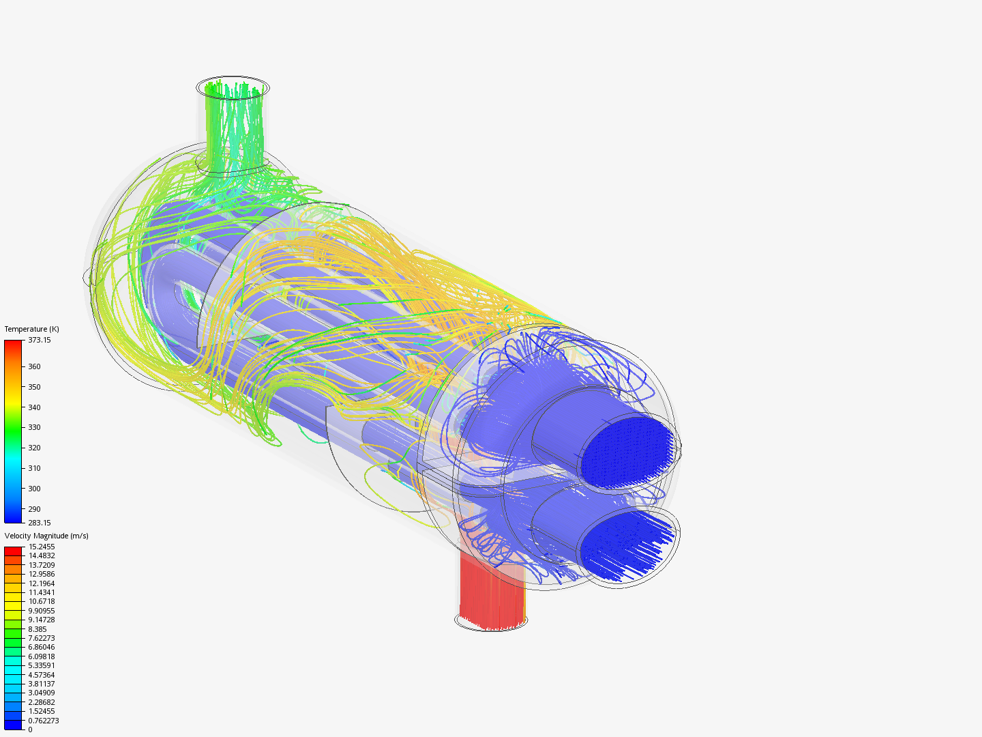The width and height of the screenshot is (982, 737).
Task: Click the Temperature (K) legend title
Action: pyautogui.click(x=31, y=329)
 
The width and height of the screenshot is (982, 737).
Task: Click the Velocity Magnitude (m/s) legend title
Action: pyautogui.click(x=46, y=536)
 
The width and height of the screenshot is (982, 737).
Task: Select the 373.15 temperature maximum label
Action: pyautogui.click(x=39, y=340)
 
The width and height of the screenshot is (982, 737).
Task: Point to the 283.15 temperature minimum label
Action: pyautogui.click(x=39, y=523)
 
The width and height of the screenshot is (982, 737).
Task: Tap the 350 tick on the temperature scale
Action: pyautogui.click(x=34, y=387)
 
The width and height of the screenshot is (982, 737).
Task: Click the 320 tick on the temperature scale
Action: pyautogui.click(x=34, y=448)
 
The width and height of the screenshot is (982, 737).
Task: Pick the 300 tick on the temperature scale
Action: pyautogui.click(x=34, y=489)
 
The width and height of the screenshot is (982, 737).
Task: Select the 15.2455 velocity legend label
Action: pyautogui.click(x=42, y=547)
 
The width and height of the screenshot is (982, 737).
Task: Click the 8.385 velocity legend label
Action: pyautogui.click(x=38, y=629)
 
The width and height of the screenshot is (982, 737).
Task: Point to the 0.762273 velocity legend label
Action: pyautogui.click(x=43, y=721)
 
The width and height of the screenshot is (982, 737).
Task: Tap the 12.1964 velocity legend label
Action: pyautogui.click(x=42, y=583)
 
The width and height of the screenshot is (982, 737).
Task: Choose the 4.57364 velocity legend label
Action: pyautogui.click(x=42, y=675)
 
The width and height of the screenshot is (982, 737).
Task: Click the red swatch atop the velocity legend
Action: pyautogui.click(x=13, y=550)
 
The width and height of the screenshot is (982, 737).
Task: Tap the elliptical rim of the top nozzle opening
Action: pyautogui.click(x=233, y=77)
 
